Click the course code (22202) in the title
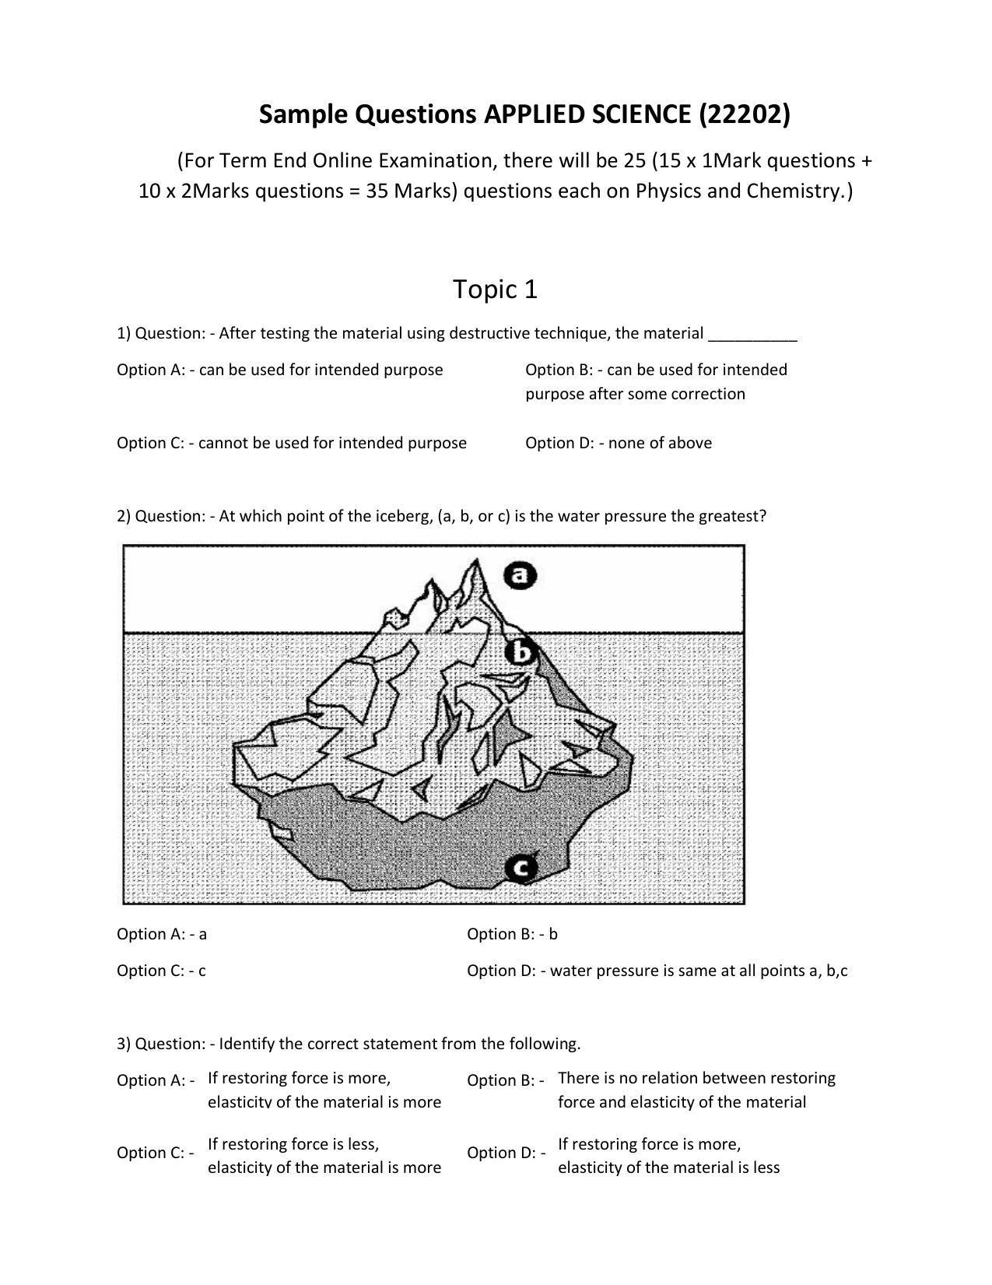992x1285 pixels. pos(745,114)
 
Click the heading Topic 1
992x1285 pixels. pos(495,290)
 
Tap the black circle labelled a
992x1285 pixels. pos(520,575)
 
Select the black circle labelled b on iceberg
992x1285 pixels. pos(521,652)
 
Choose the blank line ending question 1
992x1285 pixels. pos(752,335)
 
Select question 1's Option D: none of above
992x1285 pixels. pos(618,443)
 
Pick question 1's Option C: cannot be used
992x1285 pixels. pos(291,443)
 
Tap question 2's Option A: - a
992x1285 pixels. pos(162,934)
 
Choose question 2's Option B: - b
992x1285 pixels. pos(512,934)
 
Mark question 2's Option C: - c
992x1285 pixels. pos(161,971)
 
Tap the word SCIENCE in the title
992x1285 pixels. pos(640,114)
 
